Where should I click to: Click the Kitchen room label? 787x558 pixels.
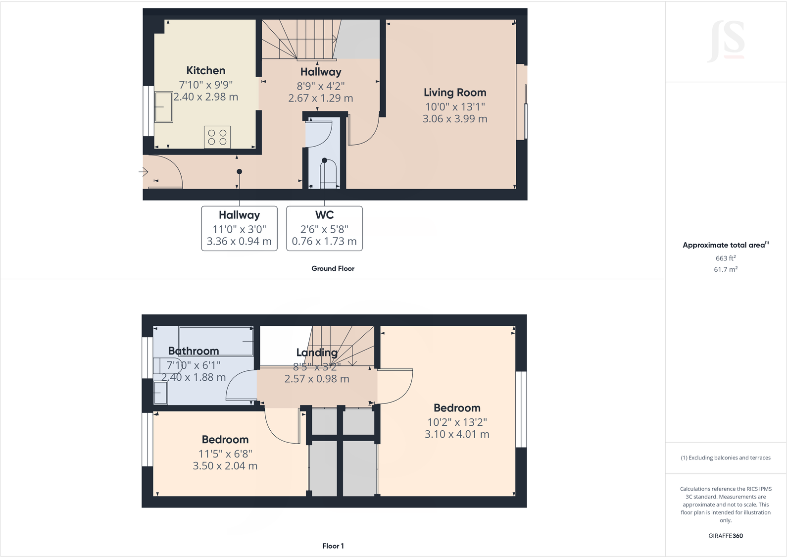coord(205,71)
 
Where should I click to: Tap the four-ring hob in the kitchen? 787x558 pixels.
coord(217,137)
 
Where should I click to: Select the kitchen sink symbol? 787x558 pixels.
coord(164,107)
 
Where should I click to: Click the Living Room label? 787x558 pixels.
coord(454,93)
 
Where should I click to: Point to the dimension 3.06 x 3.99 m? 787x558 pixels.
coord(454,119)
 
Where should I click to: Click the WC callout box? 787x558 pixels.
coord(324,228)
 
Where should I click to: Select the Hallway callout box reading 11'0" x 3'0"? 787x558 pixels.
coord(239,228)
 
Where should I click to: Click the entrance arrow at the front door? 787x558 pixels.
coord(144,172)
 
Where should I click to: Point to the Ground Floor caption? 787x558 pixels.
coord(333,268)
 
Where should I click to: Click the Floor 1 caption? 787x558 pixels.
coord(333,546)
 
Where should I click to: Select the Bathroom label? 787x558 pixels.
coord(193,351)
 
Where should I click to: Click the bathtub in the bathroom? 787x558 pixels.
coord(216,341)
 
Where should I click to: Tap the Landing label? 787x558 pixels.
coord(317,353)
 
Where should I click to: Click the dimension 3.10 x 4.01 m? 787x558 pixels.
coord(456,434)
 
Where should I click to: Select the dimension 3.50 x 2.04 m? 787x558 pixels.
coord(225,466)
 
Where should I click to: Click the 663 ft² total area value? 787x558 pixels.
coord(725,258)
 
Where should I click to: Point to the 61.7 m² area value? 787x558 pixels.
coord(725,269)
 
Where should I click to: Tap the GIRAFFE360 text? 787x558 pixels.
coord(725,536)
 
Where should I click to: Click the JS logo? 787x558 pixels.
coord(727,41)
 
